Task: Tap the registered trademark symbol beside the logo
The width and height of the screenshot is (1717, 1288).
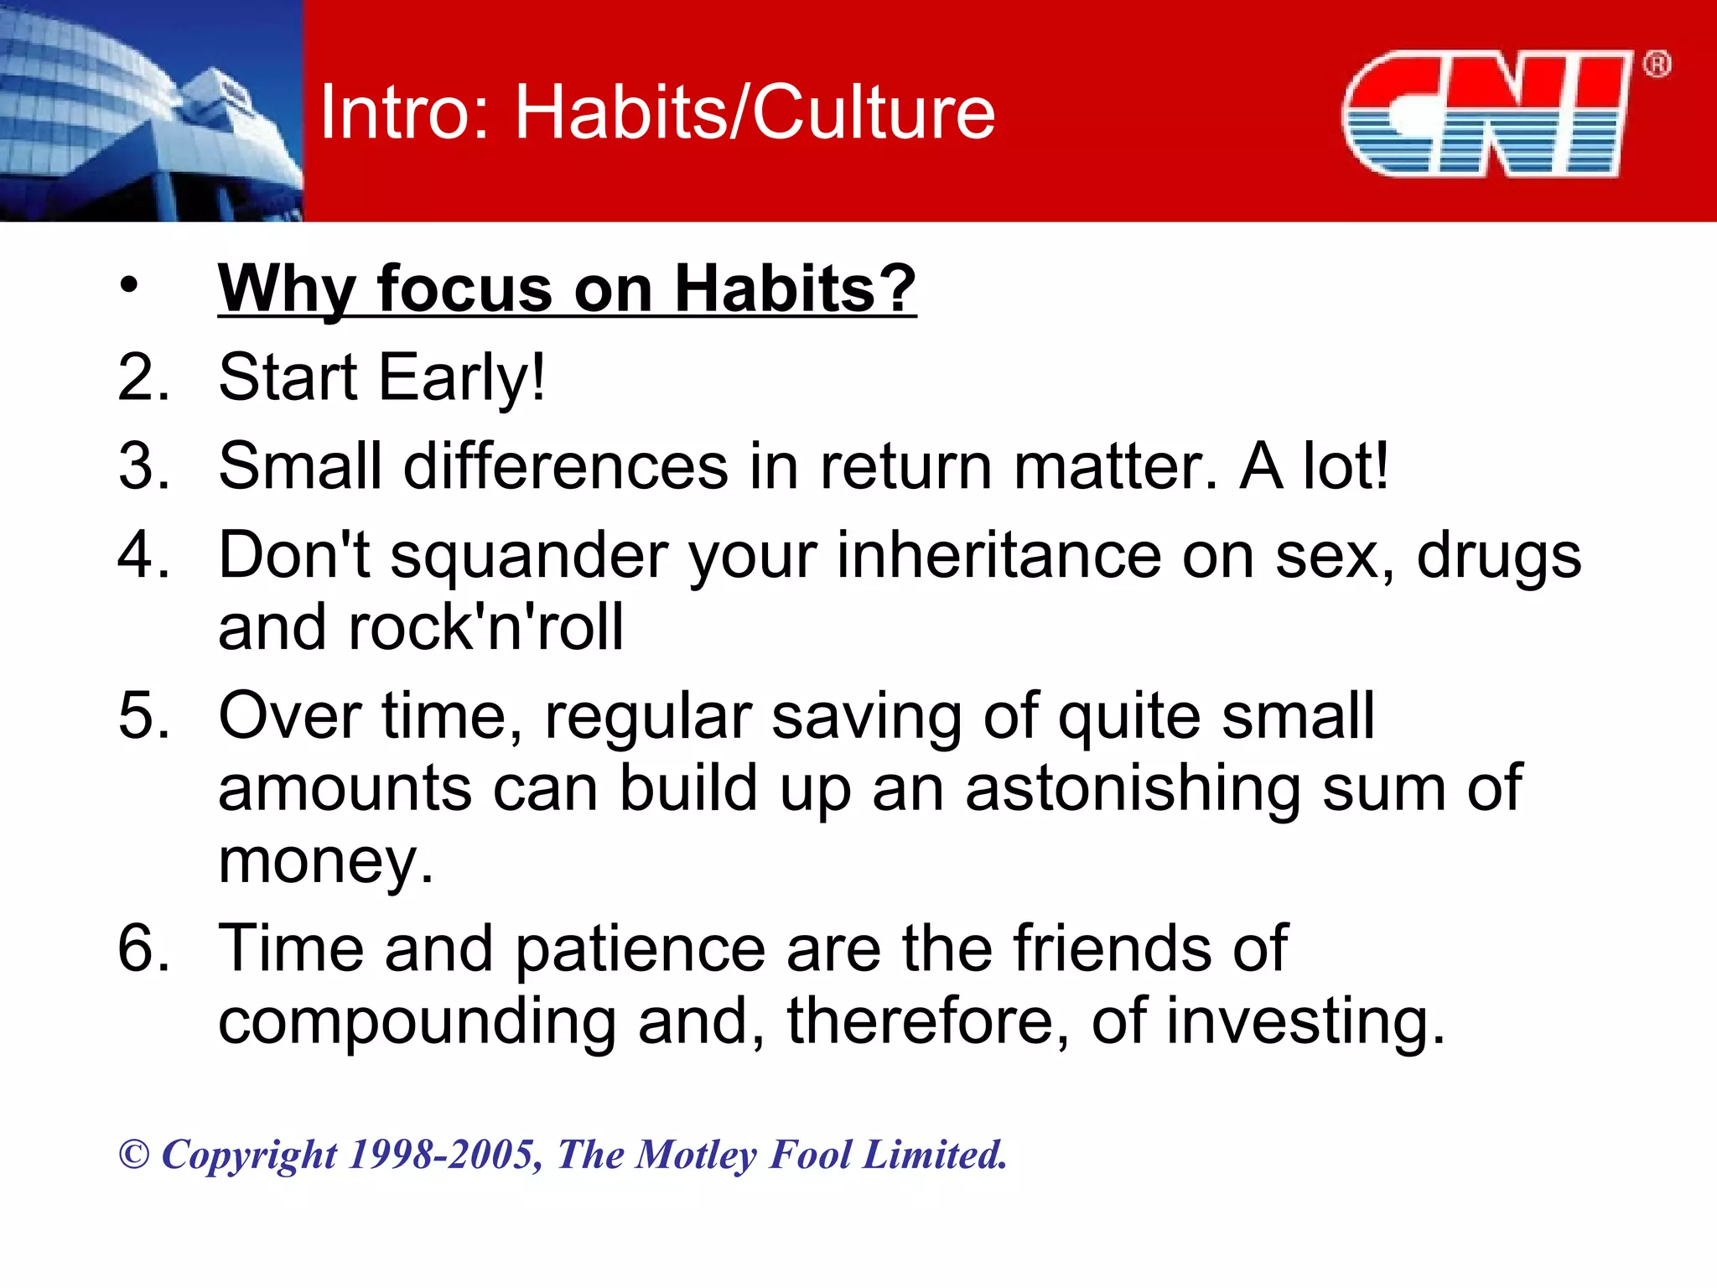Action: [x=1656, y=65]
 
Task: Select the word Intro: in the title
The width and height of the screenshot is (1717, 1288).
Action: [x=406, y=112]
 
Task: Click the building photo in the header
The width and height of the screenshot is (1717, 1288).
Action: [x=151, y=111]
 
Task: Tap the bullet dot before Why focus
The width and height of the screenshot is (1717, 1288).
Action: [x=127, y=285]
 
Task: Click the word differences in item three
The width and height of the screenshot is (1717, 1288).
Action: [x=566, y=466]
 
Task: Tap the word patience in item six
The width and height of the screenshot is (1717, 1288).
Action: [x=640, y=949]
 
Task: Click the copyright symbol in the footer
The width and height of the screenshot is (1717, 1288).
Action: [x=134, y=1155]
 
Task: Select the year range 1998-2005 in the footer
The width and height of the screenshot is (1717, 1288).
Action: [x=444, y=1155]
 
